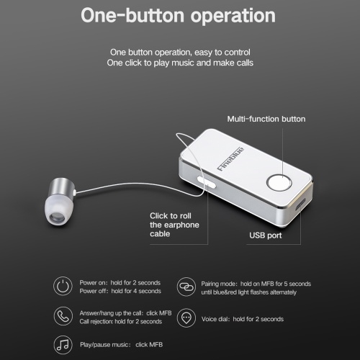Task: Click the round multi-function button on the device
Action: pos(279,183)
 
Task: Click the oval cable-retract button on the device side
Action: pos(206,182)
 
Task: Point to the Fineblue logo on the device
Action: pos(230,159)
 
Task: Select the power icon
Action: pos(63,286)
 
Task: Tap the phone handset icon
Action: pos(63,316)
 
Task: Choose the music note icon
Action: pos(63,345)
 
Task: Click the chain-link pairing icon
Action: pos(186,287)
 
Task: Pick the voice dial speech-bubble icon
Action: pos(186,318)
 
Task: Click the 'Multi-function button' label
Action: pos(266,119)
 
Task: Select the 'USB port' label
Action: pos(266,235)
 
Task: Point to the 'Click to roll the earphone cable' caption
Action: pos(174,225)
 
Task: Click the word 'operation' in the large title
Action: pos(233,16)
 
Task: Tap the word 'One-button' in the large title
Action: pos(132,15)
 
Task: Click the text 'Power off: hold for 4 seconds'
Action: pos(120,291)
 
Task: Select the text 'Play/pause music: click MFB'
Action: pos(121,345)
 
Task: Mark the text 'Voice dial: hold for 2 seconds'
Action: pos(243,319)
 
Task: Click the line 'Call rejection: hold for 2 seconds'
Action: pos(121,321)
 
